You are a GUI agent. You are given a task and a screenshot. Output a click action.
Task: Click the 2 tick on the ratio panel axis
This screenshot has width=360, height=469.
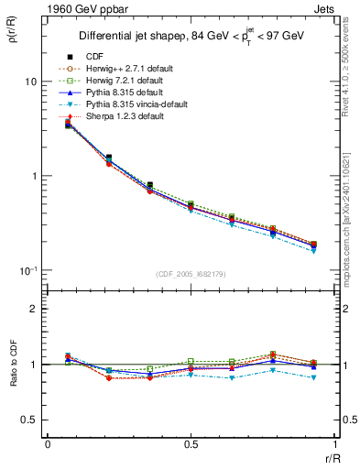35,309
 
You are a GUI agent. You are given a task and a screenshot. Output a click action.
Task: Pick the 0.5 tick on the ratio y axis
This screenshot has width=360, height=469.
30,420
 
